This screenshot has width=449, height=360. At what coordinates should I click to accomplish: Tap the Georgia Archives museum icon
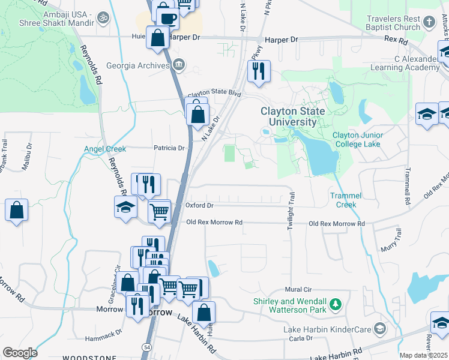coord(178,65)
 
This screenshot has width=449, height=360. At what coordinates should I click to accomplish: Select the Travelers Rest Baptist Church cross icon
coord(429,22)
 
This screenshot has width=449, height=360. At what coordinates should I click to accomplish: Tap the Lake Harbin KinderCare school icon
coord(379,328)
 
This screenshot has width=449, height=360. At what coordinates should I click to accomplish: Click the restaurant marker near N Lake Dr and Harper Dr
coord(259,71)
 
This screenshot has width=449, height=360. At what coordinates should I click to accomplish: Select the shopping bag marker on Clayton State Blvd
coord(197,113)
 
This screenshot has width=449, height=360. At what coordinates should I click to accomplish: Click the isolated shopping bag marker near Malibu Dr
coord(17,211)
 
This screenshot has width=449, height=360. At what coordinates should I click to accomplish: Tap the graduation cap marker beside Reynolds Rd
coord(126,208)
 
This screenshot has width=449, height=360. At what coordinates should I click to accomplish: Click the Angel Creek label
coord(104,149)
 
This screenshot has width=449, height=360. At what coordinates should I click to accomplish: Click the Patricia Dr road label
coord(168,148)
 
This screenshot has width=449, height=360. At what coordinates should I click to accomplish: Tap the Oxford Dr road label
coord(199,205)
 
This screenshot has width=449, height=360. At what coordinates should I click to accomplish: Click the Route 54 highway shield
coord(146,347)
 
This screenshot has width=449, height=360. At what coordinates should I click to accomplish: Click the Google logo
coord(20,353)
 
